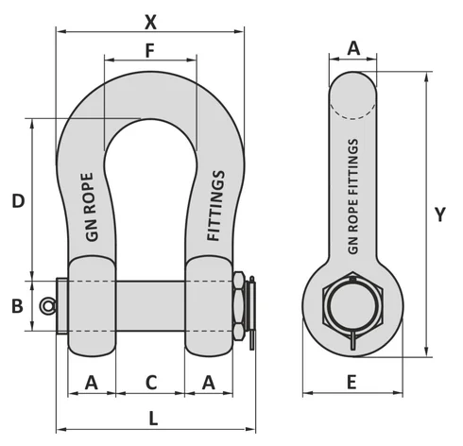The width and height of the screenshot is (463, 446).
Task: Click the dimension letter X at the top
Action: pos(150,20)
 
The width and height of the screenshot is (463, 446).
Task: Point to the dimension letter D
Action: pos(17,200)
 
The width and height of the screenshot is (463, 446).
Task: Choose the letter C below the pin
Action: pos(150,382)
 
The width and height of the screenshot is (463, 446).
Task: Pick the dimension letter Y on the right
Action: pos(440,214)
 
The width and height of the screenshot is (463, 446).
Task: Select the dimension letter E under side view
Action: pos(352,382)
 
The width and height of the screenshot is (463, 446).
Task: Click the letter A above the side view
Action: pos(353,47)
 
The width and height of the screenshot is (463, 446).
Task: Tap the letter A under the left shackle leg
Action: pos(92,382)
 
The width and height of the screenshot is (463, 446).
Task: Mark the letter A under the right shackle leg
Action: pos(209,382)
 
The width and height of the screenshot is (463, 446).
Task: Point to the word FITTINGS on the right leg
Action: pos(215,205)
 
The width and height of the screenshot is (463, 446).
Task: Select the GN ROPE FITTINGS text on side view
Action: pos(353,197)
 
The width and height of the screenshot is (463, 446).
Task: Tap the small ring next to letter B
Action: pos(47,305)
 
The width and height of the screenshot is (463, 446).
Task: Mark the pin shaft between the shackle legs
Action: pos(150,306)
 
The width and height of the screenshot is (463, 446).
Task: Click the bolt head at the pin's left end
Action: pos(62,306)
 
